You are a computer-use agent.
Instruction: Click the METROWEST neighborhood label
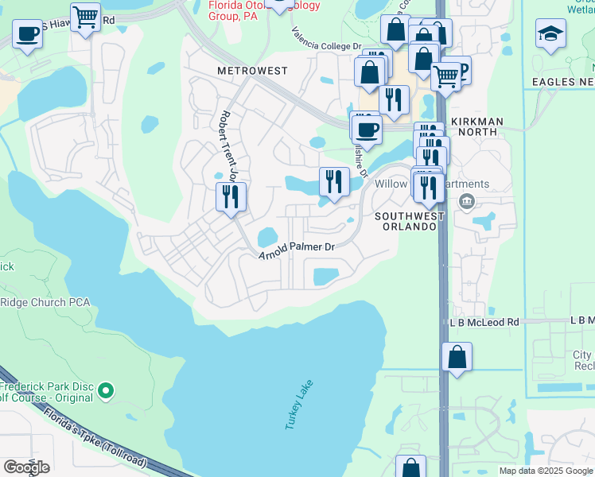(251, 71)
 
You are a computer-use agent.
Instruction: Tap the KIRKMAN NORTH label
(477, 122)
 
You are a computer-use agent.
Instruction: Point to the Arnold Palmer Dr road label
(297, 250)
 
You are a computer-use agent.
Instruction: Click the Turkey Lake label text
(300, 405)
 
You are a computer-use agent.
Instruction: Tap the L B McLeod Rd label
(484, 322)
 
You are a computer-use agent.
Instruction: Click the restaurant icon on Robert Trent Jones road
(231, 196)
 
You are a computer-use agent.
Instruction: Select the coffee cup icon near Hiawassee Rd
(28, 35)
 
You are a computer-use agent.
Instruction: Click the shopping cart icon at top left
(85, 16)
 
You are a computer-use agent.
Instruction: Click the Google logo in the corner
(26, 467)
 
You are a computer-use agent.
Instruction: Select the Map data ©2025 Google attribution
(545, 471)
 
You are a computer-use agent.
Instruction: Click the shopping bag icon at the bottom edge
(410, 467)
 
